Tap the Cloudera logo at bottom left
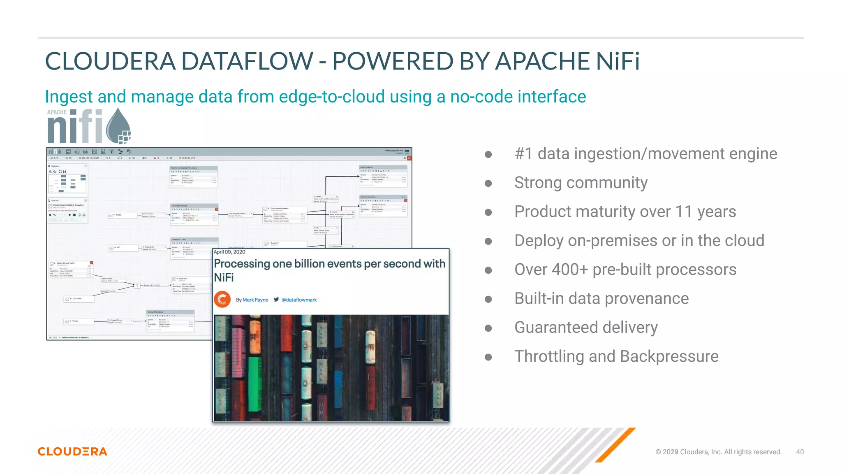pyautogui.click(x=72, y=451)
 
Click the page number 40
pyautogui.click(x=800, y=452)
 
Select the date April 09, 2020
pyautogui.click(x=229, y=252)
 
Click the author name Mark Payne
pyautogui.click(x=255, y=300)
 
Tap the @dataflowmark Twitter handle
pyautogui.click(x=299, y=300)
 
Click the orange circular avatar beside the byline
pyautogui.click(x=222, y=299)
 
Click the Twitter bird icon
pyautogui.click(x=276, y=300)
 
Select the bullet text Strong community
pyautogui.click(x=581, y=183)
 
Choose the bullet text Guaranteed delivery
pyautogui.click(x=586, y=328)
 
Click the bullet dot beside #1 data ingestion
pyautogui.click(x=488, y=154)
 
